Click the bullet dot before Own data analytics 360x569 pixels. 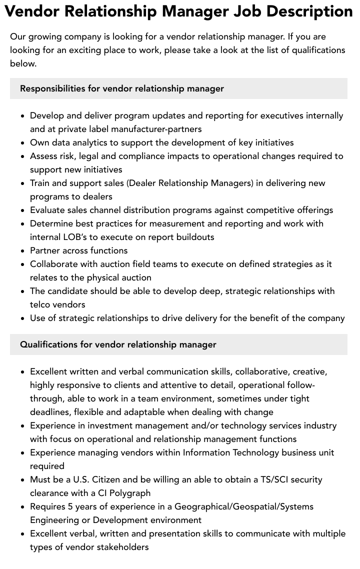click(23, 143)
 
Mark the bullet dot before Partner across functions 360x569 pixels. click(23, 251)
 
